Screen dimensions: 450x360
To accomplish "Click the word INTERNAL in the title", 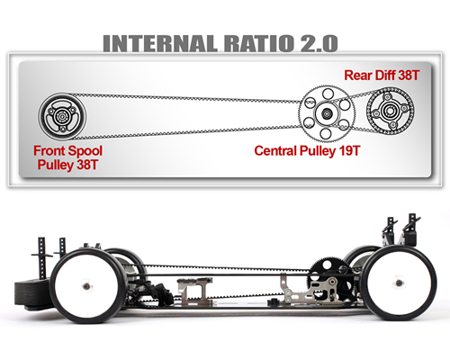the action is coord(160,44).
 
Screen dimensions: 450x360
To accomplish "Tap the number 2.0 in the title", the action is coord(319,44).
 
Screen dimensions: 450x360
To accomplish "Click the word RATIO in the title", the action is coord(258,44).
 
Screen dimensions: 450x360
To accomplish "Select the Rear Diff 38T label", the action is coord(382,75).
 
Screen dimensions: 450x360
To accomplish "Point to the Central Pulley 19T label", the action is coord(307,150).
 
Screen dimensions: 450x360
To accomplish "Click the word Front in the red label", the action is coord(49,150).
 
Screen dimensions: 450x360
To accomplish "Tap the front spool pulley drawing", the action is coord(62,116).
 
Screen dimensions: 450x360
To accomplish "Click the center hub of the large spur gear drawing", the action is coord(327,113).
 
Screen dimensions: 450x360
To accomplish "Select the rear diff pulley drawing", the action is coord(390,111).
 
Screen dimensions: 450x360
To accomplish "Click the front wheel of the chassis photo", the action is coord(88,285).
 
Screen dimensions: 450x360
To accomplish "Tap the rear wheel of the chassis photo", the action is coord(400,283).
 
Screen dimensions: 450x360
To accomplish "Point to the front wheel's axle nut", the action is coord(86,286).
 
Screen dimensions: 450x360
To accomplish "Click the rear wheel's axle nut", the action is coord(399,283).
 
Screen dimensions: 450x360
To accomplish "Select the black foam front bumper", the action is coord(29,294).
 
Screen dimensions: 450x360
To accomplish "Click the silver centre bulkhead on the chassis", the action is coord(194,291).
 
